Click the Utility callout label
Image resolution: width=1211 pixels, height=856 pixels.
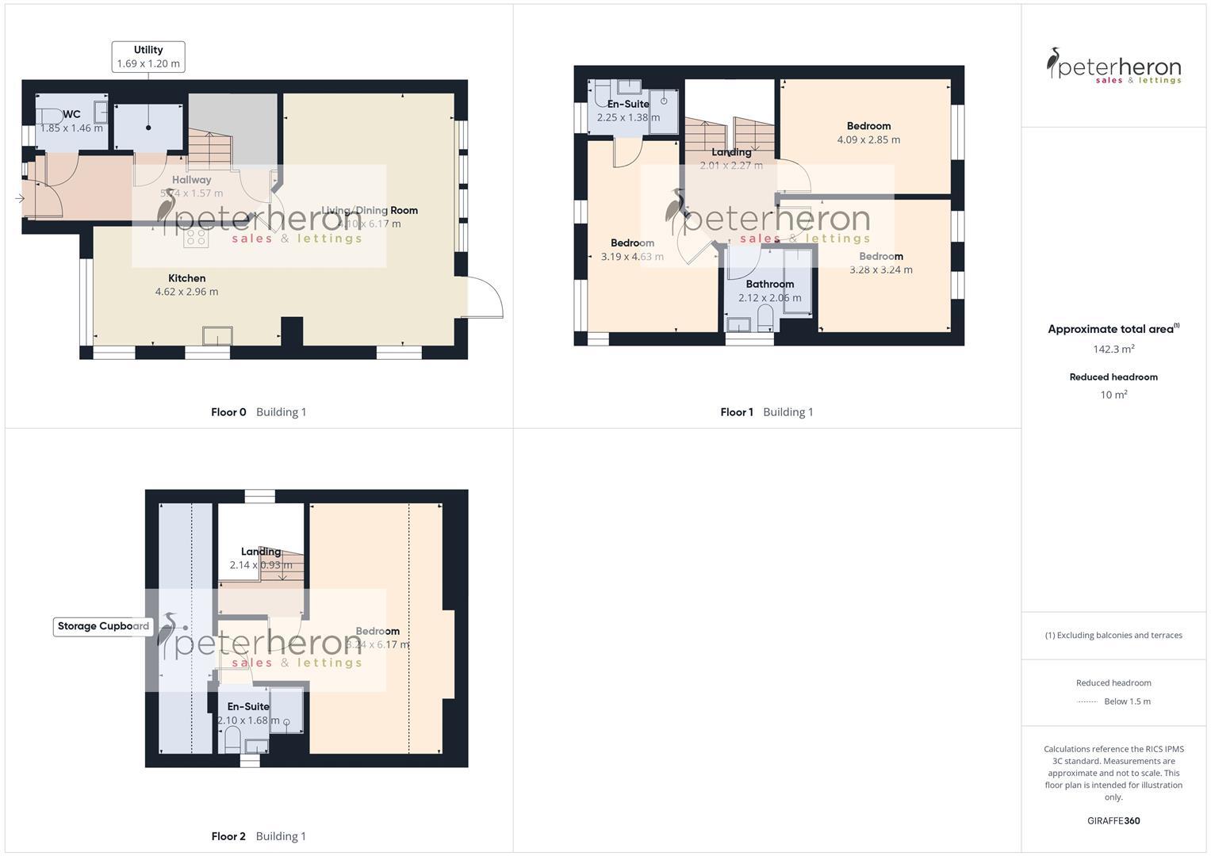148,57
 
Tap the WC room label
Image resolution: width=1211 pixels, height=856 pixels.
71,114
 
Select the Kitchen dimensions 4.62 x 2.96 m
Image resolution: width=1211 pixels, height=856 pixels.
186,292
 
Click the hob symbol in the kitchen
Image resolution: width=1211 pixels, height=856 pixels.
195,237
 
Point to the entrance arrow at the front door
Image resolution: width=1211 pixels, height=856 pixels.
20,198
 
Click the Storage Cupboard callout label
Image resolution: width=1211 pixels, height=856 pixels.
103,626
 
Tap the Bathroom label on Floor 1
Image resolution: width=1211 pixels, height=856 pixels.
769,284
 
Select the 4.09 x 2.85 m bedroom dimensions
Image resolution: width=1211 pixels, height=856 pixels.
868,139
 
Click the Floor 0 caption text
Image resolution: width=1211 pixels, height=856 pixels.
228,412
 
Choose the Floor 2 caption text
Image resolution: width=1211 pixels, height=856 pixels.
228,836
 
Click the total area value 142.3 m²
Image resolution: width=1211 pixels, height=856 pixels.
1113,349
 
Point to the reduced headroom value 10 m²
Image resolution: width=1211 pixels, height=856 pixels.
1113,395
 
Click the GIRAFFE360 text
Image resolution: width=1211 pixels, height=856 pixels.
1113,821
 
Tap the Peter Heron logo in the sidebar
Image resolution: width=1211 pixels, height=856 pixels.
1113,66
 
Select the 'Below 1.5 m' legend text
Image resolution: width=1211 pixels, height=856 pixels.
1127,701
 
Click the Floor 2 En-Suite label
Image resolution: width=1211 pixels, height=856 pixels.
248,706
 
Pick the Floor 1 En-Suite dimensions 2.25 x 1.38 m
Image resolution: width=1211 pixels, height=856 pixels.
628,117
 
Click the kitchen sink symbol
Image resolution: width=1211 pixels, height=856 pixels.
217,336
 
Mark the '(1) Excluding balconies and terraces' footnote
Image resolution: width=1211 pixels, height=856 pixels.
1113,635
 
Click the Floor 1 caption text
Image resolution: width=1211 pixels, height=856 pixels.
737,412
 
